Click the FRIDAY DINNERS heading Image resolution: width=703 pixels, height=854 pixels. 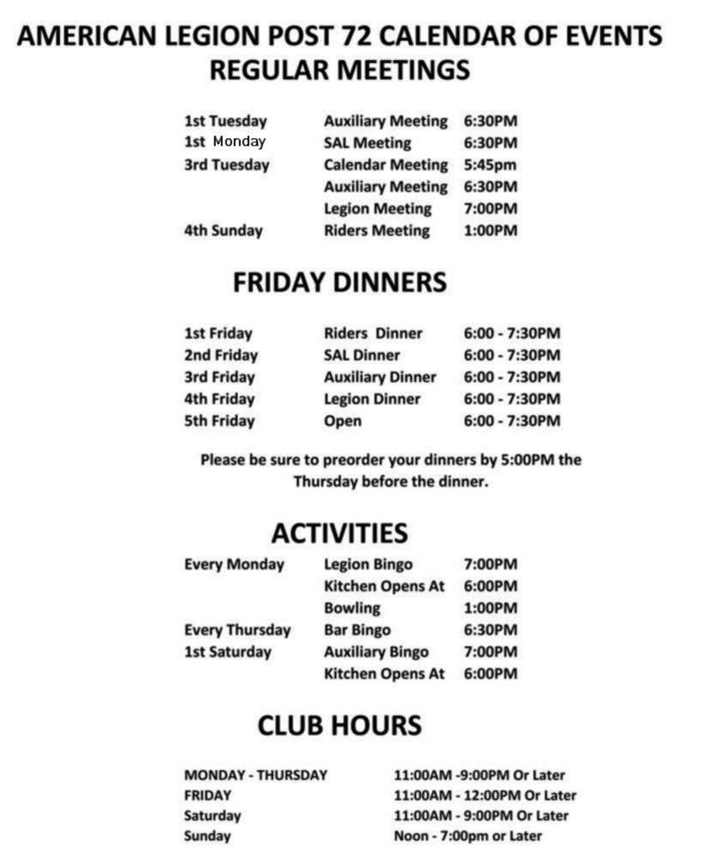(x=339, y=283)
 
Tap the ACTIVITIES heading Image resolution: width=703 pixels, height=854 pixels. (x=339, y=533)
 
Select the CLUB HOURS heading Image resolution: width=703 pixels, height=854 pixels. (x=339, y=726)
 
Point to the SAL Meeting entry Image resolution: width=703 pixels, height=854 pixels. (x=367, y=143)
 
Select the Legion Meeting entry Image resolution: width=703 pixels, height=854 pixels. (x=377, y=208)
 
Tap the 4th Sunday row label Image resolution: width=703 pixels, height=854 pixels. (x=223, y=231)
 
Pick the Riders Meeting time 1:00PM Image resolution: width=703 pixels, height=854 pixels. (x=490, y=231)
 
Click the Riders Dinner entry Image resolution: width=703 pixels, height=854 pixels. (x=373, y=334)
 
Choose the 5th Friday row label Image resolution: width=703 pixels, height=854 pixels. (x=219, y=421)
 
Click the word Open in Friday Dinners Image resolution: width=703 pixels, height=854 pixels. (x=342, y=421)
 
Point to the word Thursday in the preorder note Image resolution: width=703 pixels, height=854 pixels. (x=325, y=482)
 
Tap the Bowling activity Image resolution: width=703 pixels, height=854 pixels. (x=351, y=608)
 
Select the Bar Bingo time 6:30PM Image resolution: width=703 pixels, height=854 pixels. (x=490, y=630)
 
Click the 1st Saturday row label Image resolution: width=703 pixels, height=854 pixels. (x=227, y=652)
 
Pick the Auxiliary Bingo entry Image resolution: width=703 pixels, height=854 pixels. (x=376, y=652)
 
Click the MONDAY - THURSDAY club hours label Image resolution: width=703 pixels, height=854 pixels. (x=255, y=775)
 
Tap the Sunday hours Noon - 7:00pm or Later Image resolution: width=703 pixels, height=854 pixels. (x=467, y=836)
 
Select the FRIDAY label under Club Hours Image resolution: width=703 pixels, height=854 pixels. (x=207, y=796)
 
